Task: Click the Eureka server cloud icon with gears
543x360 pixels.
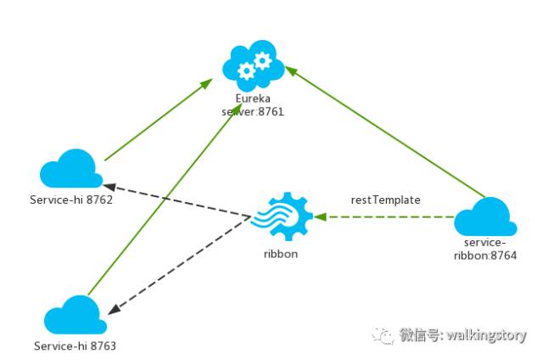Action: coord(253,67)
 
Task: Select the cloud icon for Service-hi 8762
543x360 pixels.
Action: coord(71,170)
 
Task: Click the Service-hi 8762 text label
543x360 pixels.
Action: coord(70,200)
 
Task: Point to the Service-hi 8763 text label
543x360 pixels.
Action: coord(75,346)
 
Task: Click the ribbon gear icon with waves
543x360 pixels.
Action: coord(282,219)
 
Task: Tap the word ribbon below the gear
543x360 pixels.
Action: coord(282,253)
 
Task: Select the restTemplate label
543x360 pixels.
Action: coord(386,200)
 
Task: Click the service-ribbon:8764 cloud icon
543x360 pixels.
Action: coord(486,217)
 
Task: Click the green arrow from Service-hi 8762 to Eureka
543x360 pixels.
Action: coord(157,120)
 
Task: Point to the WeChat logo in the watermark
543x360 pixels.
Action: coord(387,335)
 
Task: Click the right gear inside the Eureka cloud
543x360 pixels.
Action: coord(263,60)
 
